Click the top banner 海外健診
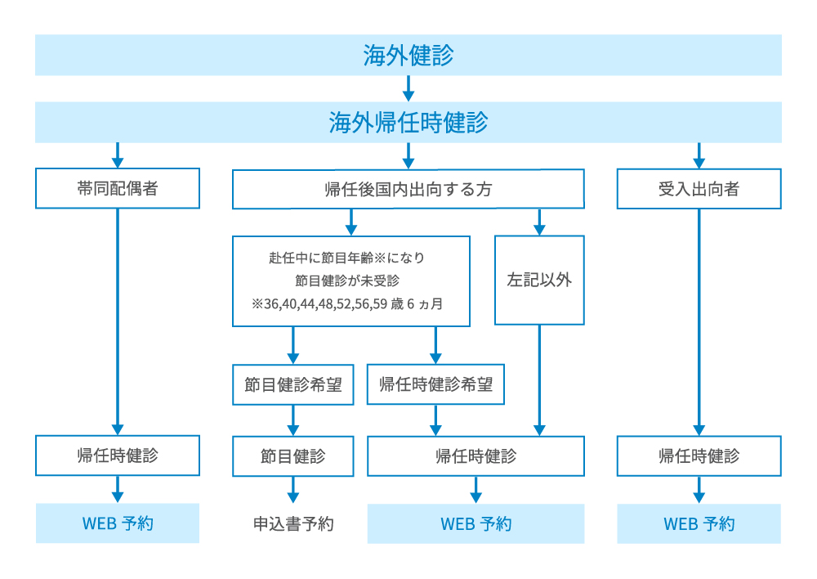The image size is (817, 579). pyautogui.click(x=408, y=56)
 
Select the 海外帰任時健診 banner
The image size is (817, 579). pyautogui.click(x=408, y=123)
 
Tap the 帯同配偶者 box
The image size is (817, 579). pyautogui.click(x=118, y=188)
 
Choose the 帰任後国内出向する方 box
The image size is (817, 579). pyautogui.click(x=408, y=189)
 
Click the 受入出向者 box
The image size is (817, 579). pyautogui.click(x=699, y=189)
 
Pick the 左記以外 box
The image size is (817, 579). pyautogui.click(x=539, y=281)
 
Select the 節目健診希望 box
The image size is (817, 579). pyautogui.click(x=293, y=384)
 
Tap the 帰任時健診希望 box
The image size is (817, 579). pyautogui.click(x=435, y=384)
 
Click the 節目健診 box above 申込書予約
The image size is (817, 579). pyautogui.click(x=293, y=456)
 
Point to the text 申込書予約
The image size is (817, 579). pyautogui.click(x=293, y=524)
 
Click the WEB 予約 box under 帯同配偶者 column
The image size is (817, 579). pyautogui.click(x=118, y=523)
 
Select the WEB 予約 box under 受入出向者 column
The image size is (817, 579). pyautogui.click(x=699, y=523)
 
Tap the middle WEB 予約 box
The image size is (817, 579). pyautogui.click(x=476, y=523)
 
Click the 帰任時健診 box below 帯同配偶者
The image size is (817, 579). pyautogui.click(x=118, y=456)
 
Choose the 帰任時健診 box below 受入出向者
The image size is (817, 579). pyautogui.click(x=699, y=456)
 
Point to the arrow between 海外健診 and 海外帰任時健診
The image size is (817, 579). pyautogui.click(x=408, y=88)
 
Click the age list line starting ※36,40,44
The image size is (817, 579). pyautogui.click(x=351, y=303)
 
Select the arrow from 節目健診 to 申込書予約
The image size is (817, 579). pyautogui.click(x=293, y=491)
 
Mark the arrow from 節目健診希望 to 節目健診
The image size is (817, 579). pyautogui.click(x=293, y=420)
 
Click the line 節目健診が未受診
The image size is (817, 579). pyautogui.click(x=351, y=281)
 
